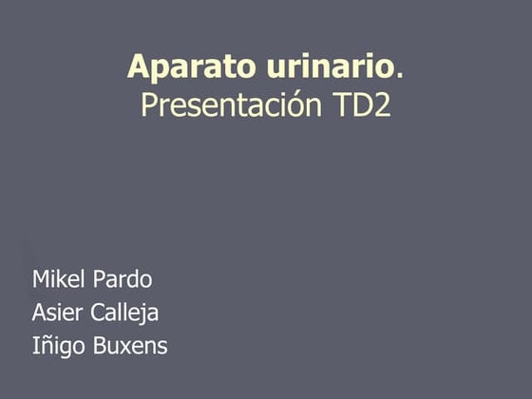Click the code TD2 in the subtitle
pyautogui.click(x=361, y=104)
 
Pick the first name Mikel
pyautogui.click(x=59, y=279)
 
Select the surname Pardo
pyautogui.click(x=122, y=279)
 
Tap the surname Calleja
pyautogui.click(x=124, y=313)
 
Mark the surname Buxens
pyautogui.click(x=130, y=346)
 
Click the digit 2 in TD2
pyautogui.click(x=381, y=104)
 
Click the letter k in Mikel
pyautogui.click(x=64, y=279)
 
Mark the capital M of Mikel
pyautogui.click(x=41, y=279)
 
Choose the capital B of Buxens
pyautogui.click(x=99, y=346)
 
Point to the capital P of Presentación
pyautogui.click(x=148, y=104)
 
